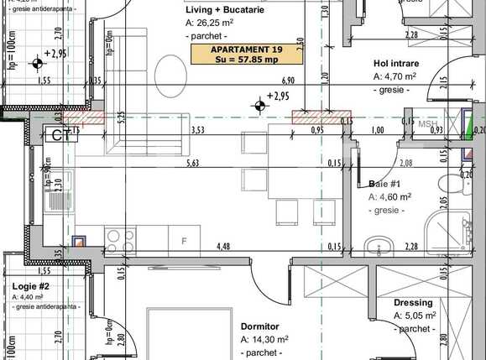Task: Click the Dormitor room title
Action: (x=259, y=326)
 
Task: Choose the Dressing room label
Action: (x=413, y=303)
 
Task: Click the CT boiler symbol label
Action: (x=60, y=134)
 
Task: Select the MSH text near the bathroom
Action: (x=428, y=124)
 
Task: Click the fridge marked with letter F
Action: (x=184, y=242)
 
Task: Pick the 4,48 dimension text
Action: (x=223, y=246)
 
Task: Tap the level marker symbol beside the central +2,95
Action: (x=259, y=103)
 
